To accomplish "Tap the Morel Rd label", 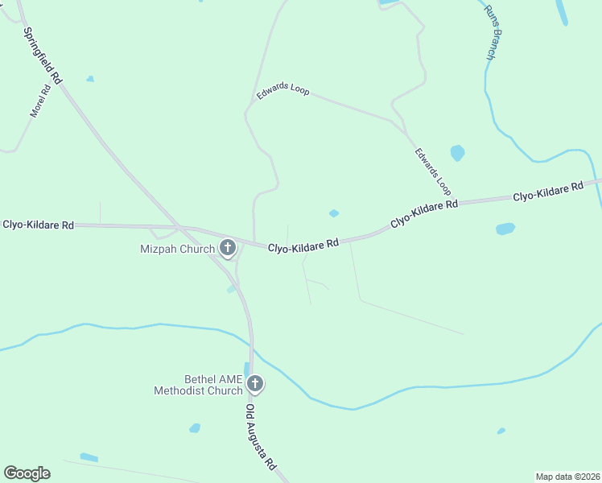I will coord(40,101).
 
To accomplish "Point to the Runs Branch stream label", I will coord(493,33).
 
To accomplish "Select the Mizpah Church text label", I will coord(177,249).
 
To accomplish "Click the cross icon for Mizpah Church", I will coord(228,248).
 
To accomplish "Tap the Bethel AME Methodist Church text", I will coord(202,385).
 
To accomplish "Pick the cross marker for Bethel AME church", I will coord(255,384).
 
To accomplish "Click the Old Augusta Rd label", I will coord(261,437).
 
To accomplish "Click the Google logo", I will coord(27,473).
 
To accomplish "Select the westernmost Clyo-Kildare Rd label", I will coord(38,225).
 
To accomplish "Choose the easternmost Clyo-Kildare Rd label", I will coord(548,192).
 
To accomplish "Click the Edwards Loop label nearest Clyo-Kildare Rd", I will coord(433,171).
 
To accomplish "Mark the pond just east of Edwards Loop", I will coord(457,152).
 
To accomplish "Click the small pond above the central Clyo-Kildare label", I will coord(333,213).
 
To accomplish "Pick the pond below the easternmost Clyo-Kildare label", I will coord(505,229).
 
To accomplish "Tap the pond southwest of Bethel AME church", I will coord(194,427).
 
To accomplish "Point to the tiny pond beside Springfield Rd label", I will coord(90,79).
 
